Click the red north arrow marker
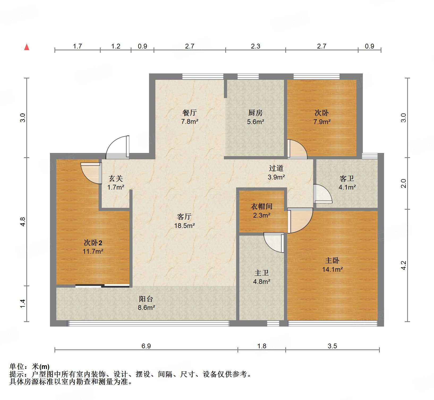click(27, 47)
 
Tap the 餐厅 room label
click(189, 113)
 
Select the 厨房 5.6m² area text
click(256, 122)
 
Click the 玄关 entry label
click(116, 178)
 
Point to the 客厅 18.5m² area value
click(185, 226)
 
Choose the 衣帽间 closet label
click(262, 206)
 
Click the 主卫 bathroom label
click(262, 272)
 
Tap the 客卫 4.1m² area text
click(347, 187)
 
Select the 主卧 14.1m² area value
click(332, 269)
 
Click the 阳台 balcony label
click(146, 299)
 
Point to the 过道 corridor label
click(276, 168)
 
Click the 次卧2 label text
click(93, 243)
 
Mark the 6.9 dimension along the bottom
click(146, 346)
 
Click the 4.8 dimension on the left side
click(23, 222)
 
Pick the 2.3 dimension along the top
click(256, 46)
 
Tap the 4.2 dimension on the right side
click(403, 265)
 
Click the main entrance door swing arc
click(117, 147)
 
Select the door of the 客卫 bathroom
click(323, 194)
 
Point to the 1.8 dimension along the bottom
click(262, 346)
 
